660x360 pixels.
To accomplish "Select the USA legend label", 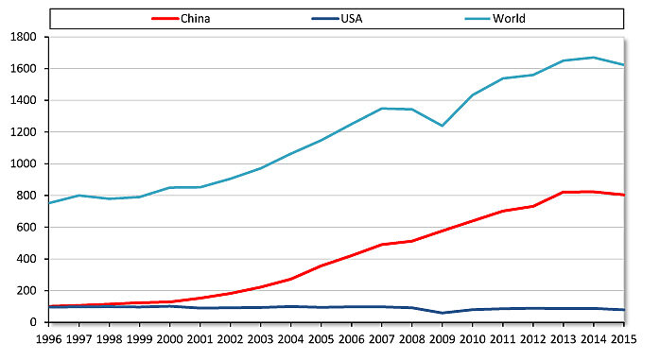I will tap(353, 18).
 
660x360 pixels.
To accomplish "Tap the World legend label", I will tap(510, 18).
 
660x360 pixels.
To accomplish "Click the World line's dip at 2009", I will tap(441, 126).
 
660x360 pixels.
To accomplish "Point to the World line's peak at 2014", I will tap(592, 58).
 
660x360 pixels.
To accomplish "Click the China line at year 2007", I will tap(381, 245).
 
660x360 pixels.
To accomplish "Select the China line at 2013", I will tap(562, 192).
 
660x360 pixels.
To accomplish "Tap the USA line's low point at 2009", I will tap(441, 313).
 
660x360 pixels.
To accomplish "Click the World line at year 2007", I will tap(381, 109).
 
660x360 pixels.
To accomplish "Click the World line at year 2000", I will tap(169, 187).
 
